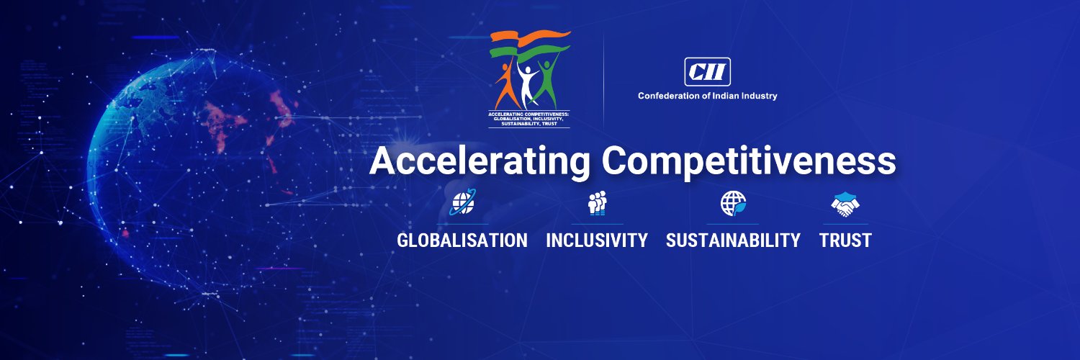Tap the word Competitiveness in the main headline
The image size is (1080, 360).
pyautogui.click(x=749, y=162)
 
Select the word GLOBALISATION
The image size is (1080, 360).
pyautogui.click(x=462, y=240)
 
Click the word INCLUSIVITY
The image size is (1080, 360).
pyautogui.click(x=597, y=240)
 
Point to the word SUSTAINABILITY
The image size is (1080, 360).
pyautogui.click(x=733, y=240)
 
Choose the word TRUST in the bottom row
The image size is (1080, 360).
pyautogui.click(x=845, y=240)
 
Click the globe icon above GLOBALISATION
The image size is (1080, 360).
pyautogui.click(x=462, y=204)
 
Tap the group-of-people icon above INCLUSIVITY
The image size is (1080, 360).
pyautogui.click(x=598, y=204)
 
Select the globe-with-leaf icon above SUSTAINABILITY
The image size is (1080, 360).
pyautogui.click(x=733, y=204)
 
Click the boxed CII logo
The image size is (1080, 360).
pyautogui.click(x=707, y=72)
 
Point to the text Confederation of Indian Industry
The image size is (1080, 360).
pyautogui.click(x=707, y=96)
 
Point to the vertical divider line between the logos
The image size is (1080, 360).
pyautogui.click(x=603, y=79)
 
